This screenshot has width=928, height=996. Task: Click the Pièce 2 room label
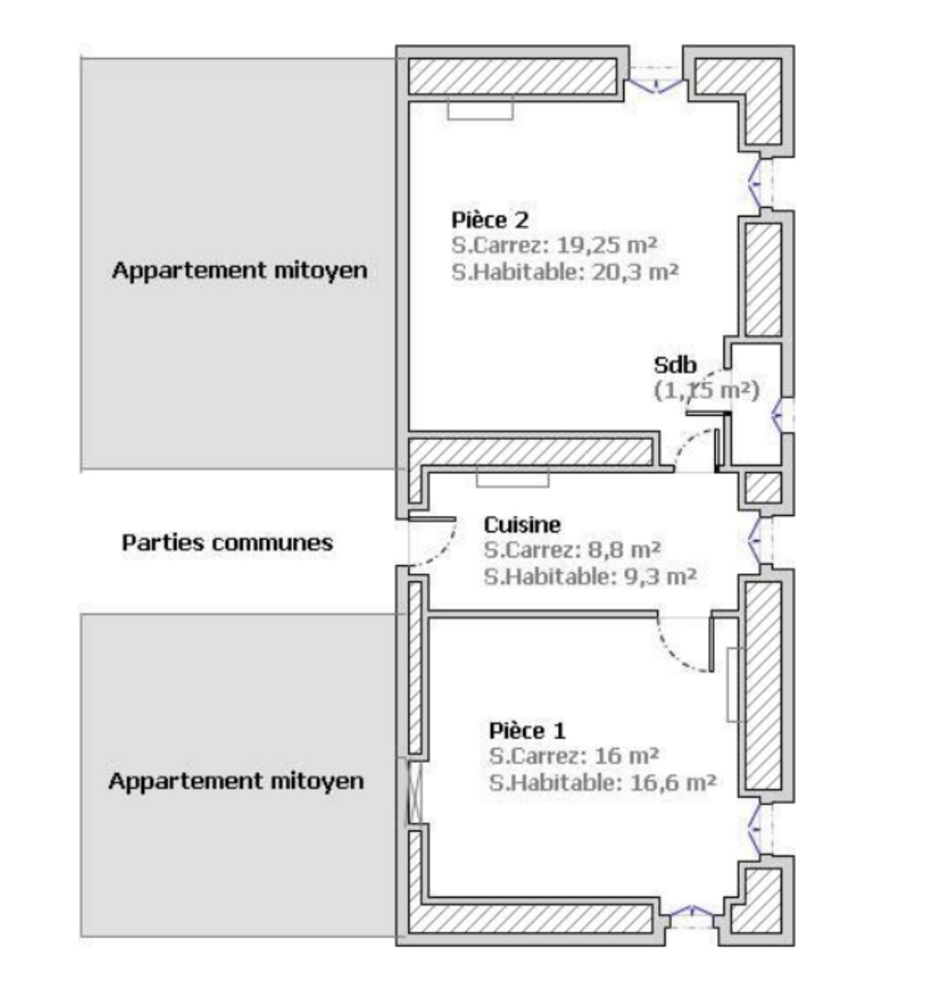[490, 220]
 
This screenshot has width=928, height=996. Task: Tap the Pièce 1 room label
[527, 731]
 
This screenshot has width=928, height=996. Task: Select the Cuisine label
[522, 524]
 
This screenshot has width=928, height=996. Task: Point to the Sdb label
[675, 365]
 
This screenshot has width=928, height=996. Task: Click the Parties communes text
[227, 542]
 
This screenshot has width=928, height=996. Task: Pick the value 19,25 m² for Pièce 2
[607, 245]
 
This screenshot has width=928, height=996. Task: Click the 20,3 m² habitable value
[634, 272]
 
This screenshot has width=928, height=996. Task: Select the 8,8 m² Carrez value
[627, 550]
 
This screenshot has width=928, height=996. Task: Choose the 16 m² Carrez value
[627, 756]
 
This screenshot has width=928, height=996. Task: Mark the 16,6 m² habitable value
[673, 783]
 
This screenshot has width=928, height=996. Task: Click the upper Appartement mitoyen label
[239, 270]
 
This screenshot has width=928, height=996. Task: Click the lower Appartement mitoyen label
[236, 781]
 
